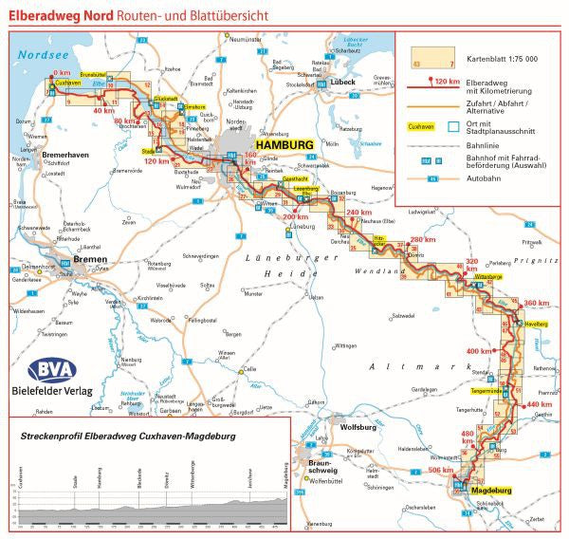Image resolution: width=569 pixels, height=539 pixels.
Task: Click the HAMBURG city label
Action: tap(282, 144)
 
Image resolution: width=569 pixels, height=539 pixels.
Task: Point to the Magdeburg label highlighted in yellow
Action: tap(489, 491)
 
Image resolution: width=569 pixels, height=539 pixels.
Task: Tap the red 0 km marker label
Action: tap(63, 72)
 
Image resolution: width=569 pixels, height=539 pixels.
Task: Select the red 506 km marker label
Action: tap(441, 471)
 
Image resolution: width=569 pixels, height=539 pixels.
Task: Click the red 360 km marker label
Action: tap(537, 303)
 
